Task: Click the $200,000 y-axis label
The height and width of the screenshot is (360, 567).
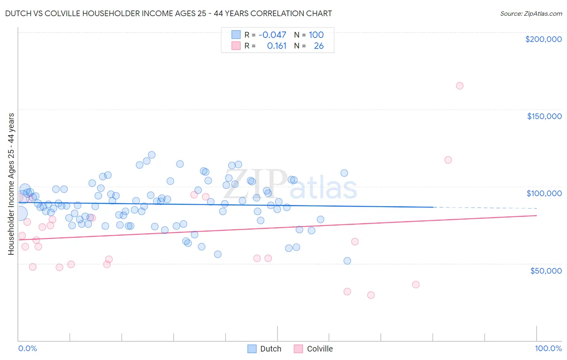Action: point(543,39)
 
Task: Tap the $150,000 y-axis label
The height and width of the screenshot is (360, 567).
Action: point(544,116)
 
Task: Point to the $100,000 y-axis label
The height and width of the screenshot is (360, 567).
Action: point(544,193)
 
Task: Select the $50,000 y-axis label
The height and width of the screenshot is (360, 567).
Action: point(546,270)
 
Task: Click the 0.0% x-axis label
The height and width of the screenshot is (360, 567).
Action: point(27,348)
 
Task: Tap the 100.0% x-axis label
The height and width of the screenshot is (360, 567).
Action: point(548,348)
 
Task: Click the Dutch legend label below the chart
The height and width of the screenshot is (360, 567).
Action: point(271,349)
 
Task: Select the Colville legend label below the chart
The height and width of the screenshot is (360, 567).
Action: point(320,349)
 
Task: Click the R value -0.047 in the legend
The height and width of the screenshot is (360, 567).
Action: point(272,35)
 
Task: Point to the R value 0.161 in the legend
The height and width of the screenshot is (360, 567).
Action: point(277,46)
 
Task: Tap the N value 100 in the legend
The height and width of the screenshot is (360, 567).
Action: point(316,35)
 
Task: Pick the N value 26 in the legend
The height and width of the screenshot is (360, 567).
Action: point(319,46)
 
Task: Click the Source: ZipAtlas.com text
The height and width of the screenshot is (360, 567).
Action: point(531,13)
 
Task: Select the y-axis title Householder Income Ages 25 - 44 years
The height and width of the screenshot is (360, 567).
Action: point(11,184)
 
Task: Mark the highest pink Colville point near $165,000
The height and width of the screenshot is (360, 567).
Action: point(459,86)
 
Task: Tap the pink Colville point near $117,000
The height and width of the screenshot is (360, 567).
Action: point(448,160)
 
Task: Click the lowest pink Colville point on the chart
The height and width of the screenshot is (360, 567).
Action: point(371,295)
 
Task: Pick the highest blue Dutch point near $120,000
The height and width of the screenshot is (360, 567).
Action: point(152,155)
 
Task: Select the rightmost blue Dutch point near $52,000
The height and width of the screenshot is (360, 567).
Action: point(347,261)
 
